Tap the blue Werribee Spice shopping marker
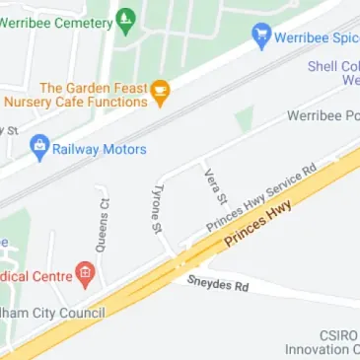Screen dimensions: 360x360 (261, 36)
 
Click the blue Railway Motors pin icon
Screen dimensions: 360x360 (39, 149)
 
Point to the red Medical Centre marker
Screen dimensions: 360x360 (85, 273)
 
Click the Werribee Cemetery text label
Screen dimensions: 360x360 (55, 19)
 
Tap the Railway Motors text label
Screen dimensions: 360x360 (100, 150)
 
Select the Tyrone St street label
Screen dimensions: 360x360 (156, 208)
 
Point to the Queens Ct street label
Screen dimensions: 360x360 (105, 224)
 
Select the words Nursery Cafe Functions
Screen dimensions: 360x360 (74, 101)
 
